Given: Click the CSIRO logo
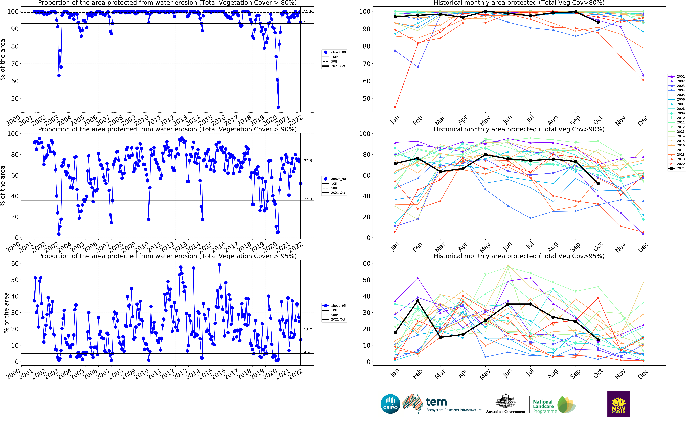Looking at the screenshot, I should (390, 404).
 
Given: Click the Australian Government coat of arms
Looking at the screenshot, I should (505, 401).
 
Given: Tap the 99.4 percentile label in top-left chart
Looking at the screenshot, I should (308, 11).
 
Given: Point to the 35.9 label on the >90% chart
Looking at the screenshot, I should (308, 199).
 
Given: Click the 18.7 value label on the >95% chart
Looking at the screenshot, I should (308, 330).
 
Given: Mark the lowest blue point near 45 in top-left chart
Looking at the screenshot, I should (278, 107).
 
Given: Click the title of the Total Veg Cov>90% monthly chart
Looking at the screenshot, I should (519, 129).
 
